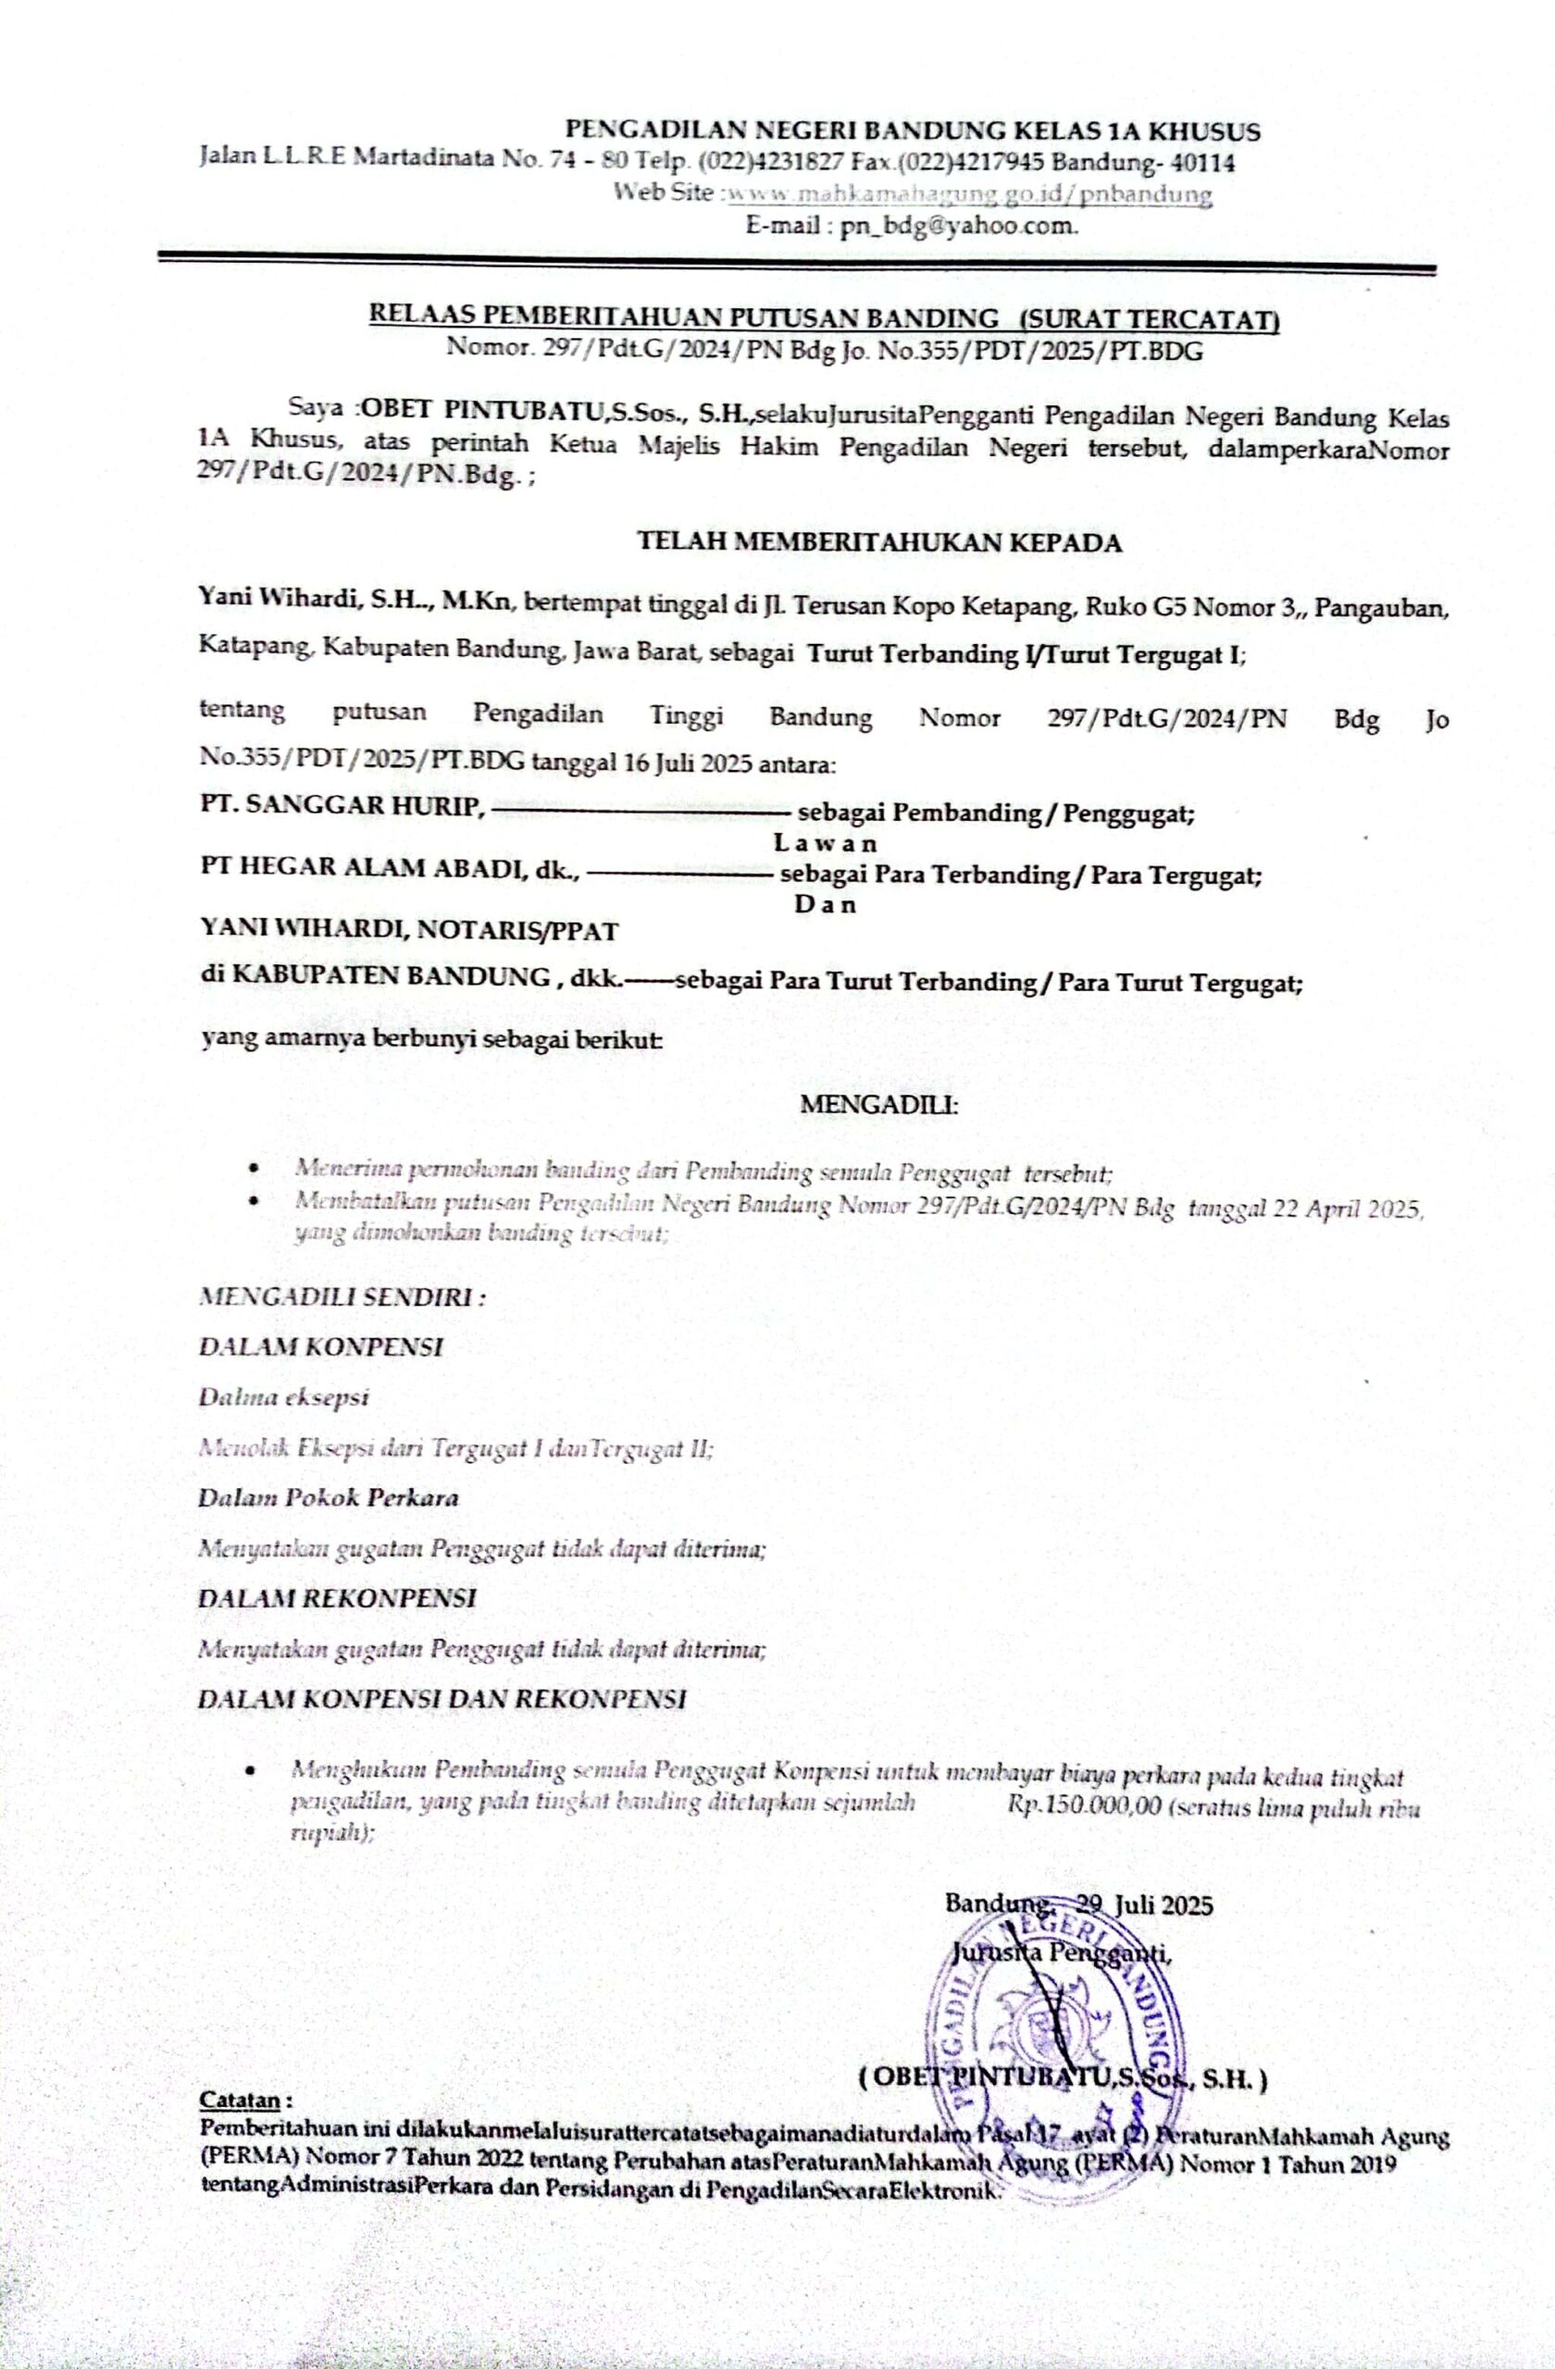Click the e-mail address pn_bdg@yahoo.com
pos(959,225)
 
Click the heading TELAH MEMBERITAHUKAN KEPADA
pos(879,542)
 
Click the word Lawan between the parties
pos(826,843)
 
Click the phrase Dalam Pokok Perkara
pos(329,1497)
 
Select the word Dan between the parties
pos(826,905)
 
